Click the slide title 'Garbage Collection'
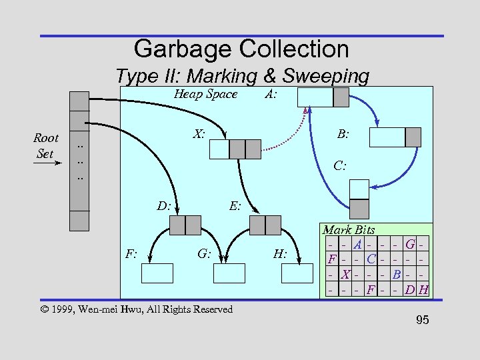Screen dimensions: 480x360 click(x=241, y=49)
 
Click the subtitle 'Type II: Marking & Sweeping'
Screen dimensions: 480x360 click(x=242, y=76)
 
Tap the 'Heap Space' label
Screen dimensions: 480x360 click(x=205, y=94)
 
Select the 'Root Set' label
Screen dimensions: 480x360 click(x=45, y=145)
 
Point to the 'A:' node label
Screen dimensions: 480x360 click(x=271, y=94)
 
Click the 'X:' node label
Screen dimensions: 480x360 click(x=199, y=134)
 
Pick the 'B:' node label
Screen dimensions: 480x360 click(x=343, y=134)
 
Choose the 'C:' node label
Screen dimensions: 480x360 click(x=340, y=165)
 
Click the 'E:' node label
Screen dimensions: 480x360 click(x=235, y=206)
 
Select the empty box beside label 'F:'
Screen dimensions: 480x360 click(x=157, y=273)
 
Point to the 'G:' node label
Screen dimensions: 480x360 click(x=204, y=253)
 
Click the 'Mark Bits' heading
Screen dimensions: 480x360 click(x=349, y=230)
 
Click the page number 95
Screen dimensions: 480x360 click(x=422, y=321)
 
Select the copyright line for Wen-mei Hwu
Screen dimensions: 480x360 click(x=136, y=309)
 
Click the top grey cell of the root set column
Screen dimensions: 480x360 click(x=79, y=100)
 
